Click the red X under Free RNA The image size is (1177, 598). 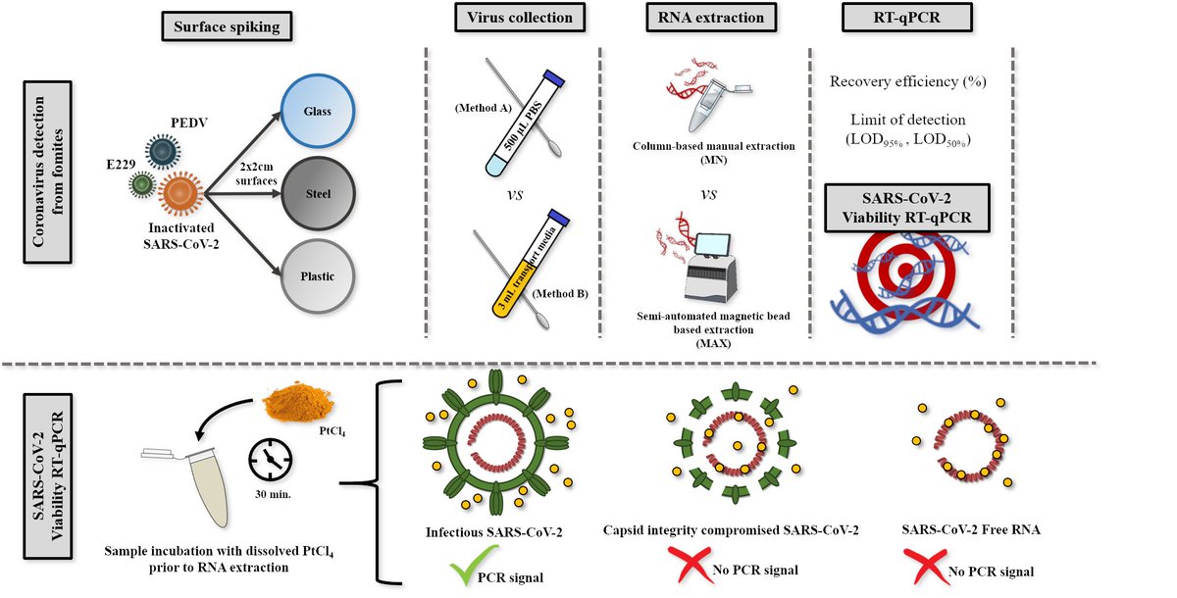pyautogui.click(x=924, y=566)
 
